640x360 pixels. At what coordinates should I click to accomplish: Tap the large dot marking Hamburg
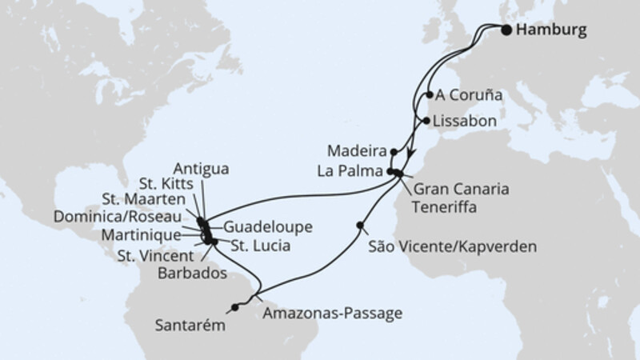click(506, 30)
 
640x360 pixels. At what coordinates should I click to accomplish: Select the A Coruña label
click(470, 94)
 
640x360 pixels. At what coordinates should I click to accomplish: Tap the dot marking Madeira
click(394, 150)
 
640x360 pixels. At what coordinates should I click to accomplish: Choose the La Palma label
click(356, 172)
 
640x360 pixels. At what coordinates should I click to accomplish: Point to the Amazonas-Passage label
click(328, 312)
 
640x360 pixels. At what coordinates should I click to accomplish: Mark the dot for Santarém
click(234, 306)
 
